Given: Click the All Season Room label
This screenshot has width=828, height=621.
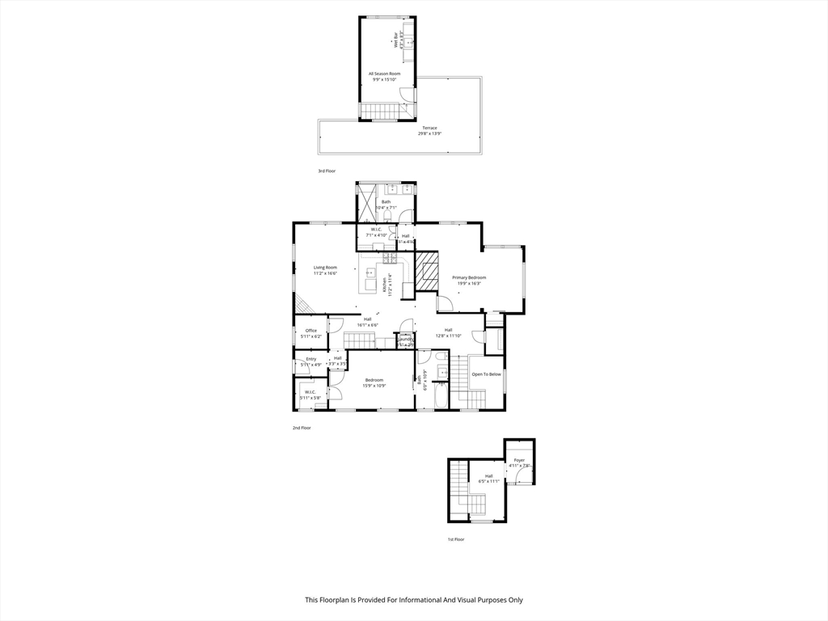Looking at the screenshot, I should click(384, 74).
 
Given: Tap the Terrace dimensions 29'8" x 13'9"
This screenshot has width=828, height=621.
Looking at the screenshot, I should click(429, 133).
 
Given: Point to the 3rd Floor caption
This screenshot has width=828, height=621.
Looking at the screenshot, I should click(326, 171).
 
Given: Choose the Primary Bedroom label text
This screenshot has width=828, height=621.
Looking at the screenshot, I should click(469, 277).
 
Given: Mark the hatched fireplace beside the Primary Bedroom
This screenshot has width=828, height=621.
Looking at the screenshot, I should click(426, 269).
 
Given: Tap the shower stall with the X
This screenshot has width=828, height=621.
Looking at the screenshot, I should click(366, 202).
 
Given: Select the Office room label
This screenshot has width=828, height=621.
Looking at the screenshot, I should click(310, 330).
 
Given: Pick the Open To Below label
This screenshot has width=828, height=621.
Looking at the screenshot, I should click(487, 374).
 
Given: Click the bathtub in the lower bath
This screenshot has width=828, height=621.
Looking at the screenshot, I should click(441, 395).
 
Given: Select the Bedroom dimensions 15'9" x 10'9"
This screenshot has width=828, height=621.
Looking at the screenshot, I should click(374, 386).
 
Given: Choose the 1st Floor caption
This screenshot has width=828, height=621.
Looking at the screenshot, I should click(456, 539).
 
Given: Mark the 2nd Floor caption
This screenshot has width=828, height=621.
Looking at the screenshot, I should click(301, 428).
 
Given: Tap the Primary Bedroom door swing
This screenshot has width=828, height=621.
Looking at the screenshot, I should click(445, 304).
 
